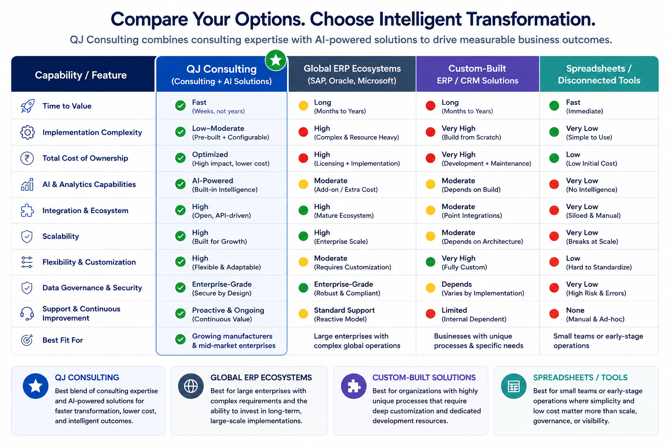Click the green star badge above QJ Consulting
pyautogui.click(x=276, y=60)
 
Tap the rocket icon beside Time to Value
pyautogui.click(x=27, y=106)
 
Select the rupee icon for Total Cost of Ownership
pyautogui.click(x=27, y=158)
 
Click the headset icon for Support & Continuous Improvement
pyautogui.click(x=27, y=314)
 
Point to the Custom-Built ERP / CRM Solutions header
pyautogui.click(x=477, y=74)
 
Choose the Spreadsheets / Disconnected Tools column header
pyautogui.click(x=599, y=74)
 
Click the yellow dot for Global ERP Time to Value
pyautogui.click(x=303, y=106)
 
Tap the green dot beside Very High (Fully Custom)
pyautogui.click(x=431, y=261)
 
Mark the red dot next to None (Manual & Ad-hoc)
pyautogui.click(x=554, y=314)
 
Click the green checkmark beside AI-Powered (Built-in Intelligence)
pyautogui.click(x=180, y=184)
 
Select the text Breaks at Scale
pyautogui.click(x=592, y=241)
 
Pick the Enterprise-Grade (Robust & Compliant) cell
pyautogui.click(x=347, y=288)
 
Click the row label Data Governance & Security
pyautogui.click(x=92, y=288)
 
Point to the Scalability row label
pyautogui.click(x=61, y=236)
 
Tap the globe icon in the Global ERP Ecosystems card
pyautogui.click(x=191, y=386)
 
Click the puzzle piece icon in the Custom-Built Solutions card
pyautogui.click(x=354, y=386)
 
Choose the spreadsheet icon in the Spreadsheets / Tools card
pyautogui.click(x=513, y=386)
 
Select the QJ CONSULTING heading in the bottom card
pyautogui.click(x=87, y=378)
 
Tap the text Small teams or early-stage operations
pyautogui.click(x=598, y=341)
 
